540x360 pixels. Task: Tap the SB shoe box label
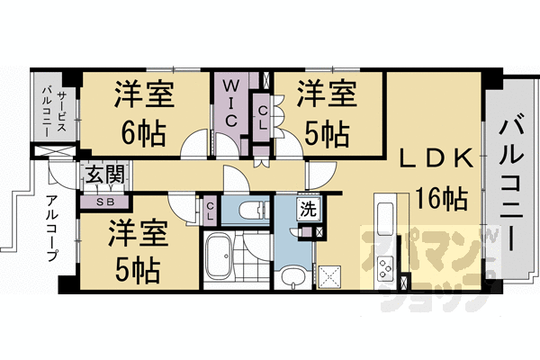point(105,202)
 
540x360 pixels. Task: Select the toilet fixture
point(244,211)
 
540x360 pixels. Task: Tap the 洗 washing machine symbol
point(308,213)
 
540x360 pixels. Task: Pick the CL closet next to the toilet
point(209,211)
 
